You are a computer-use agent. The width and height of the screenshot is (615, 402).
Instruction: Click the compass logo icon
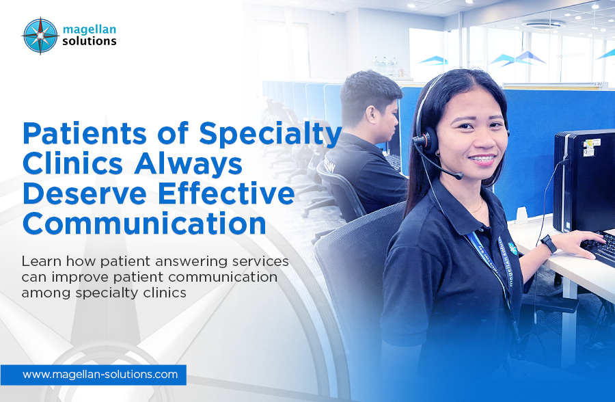(40, 36)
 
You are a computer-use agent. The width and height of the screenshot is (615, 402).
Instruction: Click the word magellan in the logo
(90, 29)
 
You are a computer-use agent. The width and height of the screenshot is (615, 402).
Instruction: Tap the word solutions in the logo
(90, 41)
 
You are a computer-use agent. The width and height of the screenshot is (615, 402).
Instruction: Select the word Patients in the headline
(85, 133)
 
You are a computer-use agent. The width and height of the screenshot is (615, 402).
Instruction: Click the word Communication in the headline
(145, 223)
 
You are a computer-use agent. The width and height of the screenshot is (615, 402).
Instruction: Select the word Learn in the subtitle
(41, 261)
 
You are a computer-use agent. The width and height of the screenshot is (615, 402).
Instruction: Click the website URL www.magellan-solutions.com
(100, 375)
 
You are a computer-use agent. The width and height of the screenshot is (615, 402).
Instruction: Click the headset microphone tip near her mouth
(458, 176)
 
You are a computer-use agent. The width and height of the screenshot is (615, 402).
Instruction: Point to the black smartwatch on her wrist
(548, 243)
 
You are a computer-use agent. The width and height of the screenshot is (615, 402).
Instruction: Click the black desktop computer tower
(584, 181)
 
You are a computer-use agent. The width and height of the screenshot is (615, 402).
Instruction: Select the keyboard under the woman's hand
(600, 247)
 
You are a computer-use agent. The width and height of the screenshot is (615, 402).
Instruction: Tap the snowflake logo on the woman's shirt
(512, 248)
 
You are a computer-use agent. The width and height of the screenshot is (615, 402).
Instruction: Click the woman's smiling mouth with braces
(482, 160)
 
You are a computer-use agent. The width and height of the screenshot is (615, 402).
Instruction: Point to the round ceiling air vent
(543, 24)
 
